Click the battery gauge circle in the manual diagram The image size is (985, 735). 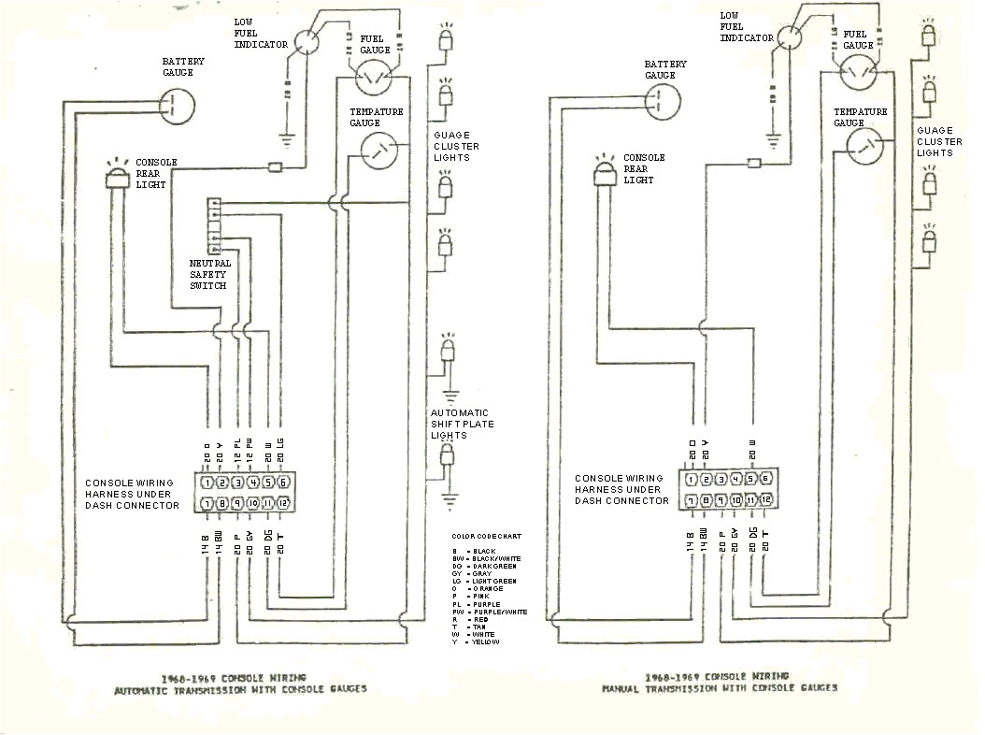pyautogui.click(x=662, y=104)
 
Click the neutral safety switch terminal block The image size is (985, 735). pyautogui.click(x=214, y=225)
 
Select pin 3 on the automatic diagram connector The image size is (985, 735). pyautogui.click(x=238, y=483)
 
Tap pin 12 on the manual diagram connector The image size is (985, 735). pyautogui.click(x=765, y=499)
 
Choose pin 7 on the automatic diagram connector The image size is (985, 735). pyautogui.click(x=207, y=505)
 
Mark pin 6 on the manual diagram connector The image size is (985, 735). pyautogui.click(x=765, y=478)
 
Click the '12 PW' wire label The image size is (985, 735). pyautogui.click(x=250, y=452)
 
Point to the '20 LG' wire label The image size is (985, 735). pyautogui.click(x=280, y=452)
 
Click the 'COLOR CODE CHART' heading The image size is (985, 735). pyautogui.click(x=486, y=537)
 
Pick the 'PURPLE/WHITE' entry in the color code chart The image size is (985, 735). pyautogui.click(x=500, y=612)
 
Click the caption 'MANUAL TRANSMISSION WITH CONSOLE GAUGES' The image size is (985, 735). pyautogui.click(x=720, y=688)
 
